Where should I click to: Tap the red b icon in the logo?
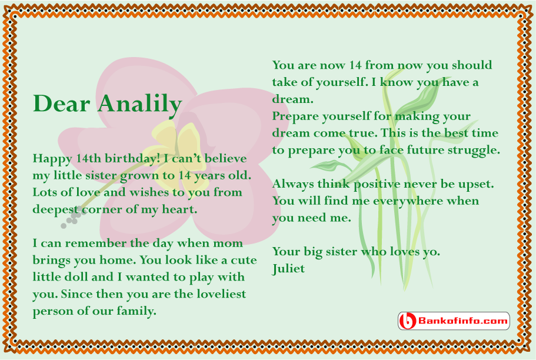click(407, 321)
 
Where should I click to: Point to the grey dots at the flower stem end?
click(72, 218)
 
